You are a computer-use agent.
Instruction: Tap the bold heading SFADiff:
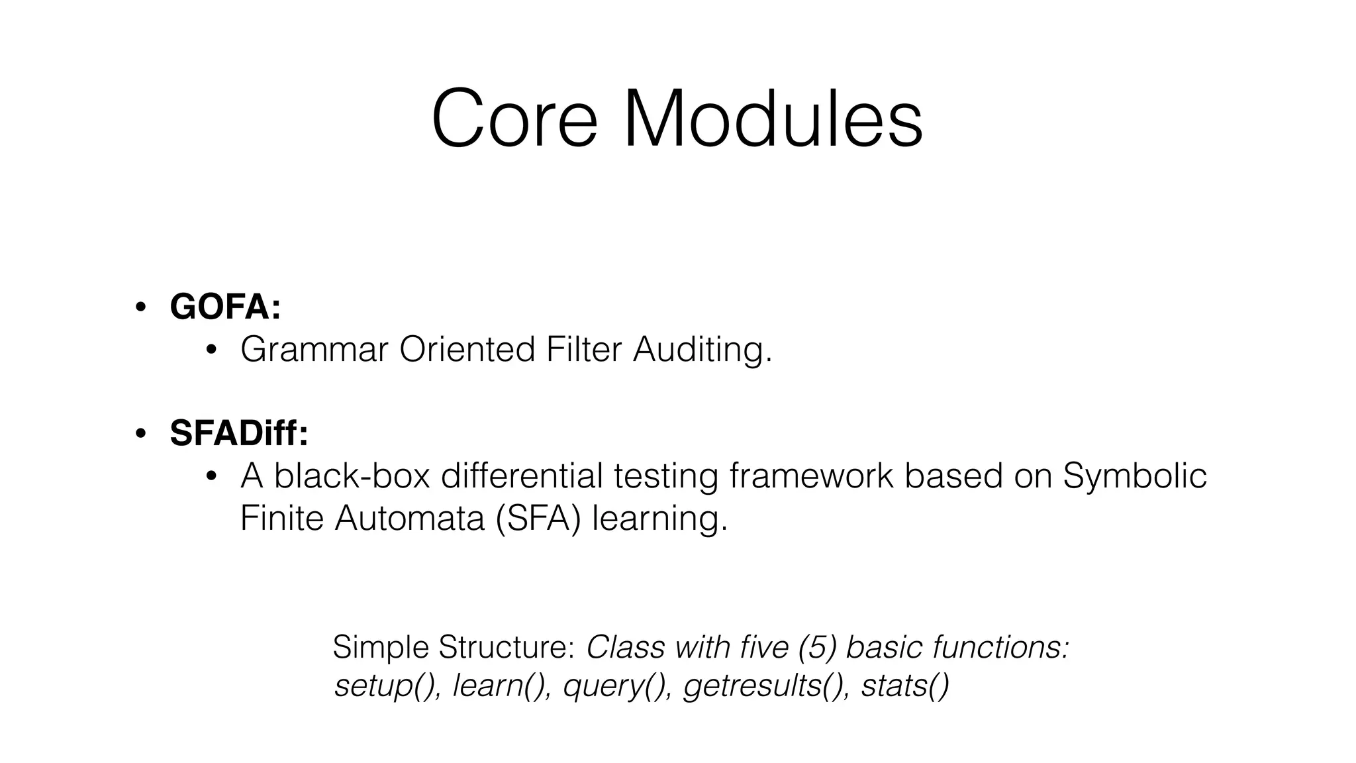click(239, 433)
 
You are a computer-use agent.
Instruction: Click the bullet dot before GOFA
click(140, 307)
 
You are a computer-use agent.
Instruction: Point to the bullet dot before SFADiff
click(140, 434)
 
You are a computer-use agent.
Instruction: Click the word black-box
click(352, 476)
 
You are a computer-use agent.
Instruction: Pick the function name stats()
click(904, 686)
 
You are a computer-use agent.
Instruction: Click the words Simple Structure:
click(453, 647)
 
